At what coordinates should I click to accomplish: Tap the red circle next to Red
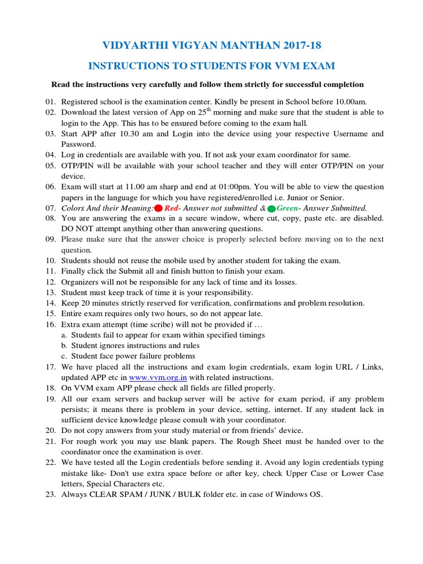(158, 208)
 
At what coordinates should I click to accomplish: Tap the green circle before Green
(271, 208)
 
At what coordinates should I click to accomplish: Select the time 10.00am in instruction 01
(349, 102)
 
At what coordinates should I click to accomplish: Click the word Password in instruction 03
(78, 144)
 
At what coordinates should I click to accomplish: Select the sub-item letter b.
(64, 346)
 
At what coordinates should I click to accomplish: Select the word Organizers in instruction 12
(80, 282)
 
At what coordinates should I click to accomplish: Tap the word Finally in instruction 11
(74, 272)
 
